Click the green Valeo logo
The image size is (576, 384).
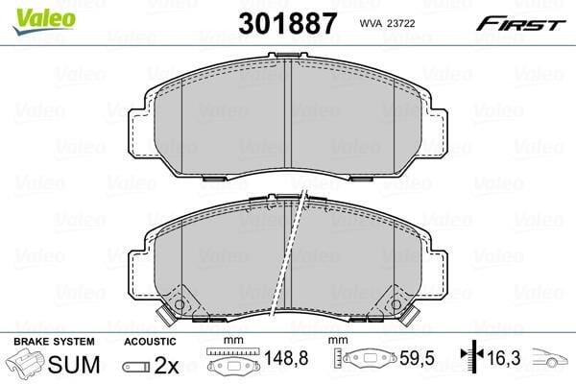point(44,20)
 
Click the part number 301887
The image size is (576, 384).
point(287,23)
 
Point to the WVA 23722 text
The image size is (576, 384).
point(387,23)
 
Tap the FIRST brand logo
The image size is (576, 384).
point(520,24)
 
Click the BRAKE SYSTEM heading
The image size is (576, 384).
point(54,342)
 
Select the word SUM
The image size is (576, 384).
point(74,365)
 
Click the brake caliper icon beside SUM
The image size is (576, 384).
point(25,362)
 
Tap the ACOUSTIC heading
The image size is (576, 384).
point(151,342)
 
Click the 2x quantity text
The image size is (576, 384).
point(166,365)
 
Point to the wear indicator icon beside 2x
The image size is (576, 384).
point(136,367)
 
